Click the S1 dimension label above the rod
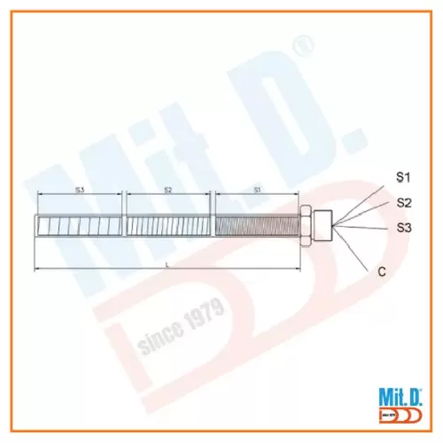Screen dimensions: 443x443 pyautogui.click(x=258, y=189)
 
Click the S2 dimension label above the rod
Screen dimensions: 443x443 pyautogui.click(x=167, y=189)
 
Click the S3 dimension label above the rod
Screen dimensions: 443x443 pyautogui.click(x=78, y=189)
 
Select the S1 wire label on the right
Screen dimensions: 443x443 pyautogui.click(x=403, y=177)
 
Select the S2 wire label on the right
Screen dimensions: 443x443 pyautogui.click(x=403, y=202)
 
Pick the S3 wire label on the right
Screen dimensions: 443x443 pyautogui.click(x=403, y=228)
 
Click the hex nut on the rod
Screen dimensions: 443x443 pyautogui.click(x=303, y=226)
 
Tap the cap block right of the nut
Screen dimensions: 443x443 pyautogui.click(x=320, y=226)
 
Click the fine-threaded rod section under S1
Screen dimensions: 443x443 pyautogui.click(x=257, y=227)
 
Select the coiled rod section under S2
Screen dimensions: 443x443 pyautogui.click(x=168, y=227)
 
